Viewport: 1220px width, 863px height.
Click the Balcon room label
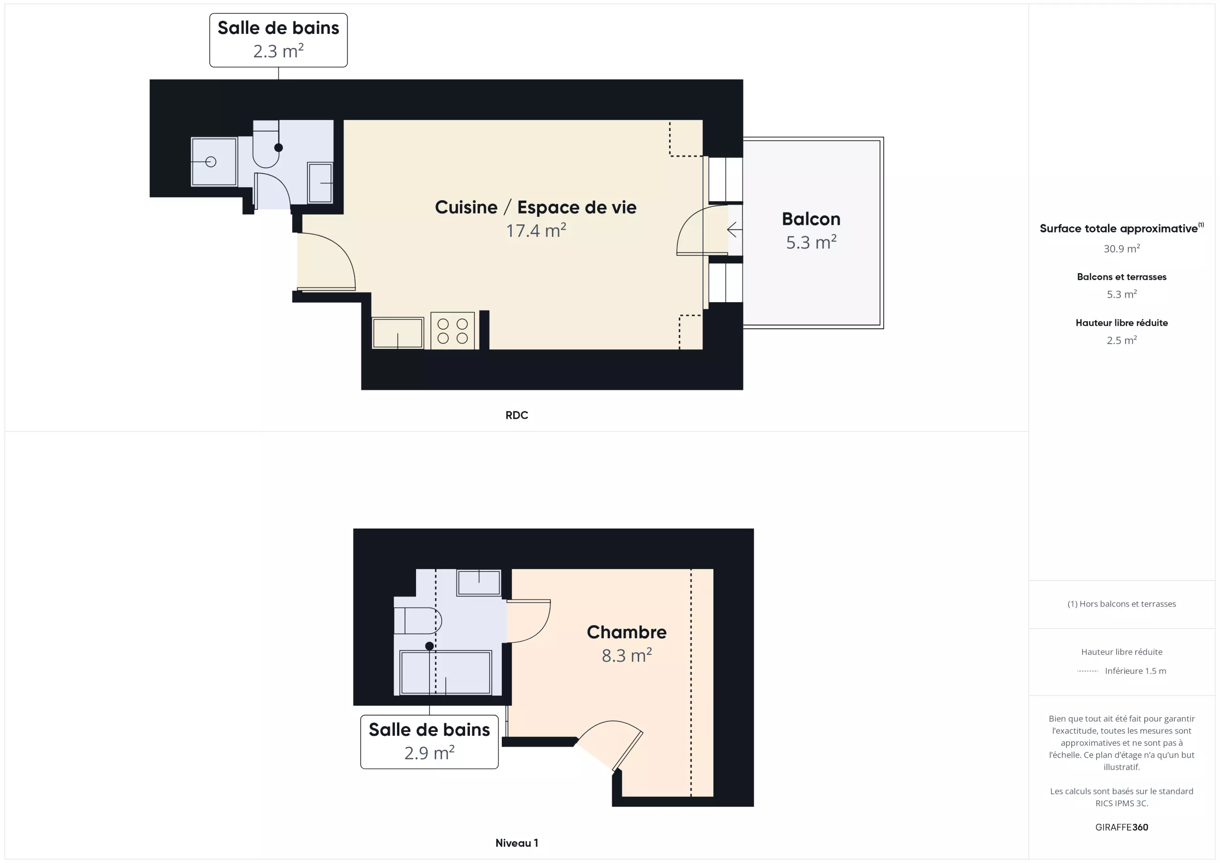(811, 219)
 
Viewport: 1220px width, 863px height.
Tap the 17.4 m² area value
(536, 231)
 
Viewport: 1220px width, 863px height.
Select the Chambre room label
(627, 632)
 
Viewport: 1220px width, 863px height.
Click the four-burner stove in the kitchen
(452, 331)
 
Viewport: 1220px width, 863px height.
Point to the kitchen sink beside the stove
(397, 333)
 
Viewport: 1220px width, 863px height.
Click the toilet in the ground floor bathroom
(265, 144)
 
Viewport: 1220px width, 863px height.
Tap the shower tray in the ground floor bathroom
(213, 162)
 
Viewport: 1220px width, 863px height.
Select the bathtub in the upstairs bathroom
(446, 672)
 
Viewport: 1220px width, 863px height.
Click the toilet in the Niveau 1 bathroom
(417, 620)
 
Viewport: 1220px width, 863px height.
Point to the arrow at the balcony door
(734, 230)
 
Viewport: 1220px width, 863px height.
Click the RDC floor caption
(517, 415)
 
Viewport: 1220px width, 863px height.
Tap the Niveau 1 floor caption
(517, 843)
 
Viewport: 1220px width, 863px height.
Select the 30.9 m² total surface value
(1121, 248)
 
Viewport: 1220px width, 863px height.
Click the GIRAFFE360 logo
(1121, 827)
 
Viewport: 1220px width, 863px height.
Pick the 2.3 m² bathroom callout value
(278, 51)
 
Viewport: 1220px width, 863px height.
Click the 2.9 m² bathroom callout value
(429, 753)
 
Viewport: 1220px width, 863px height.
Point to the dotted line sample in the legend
(1088, 671)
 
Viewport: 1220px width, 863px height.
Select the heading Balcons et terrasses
(1121, 277)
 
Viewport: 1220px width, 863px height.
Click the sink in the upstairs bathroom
(479, 582)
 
